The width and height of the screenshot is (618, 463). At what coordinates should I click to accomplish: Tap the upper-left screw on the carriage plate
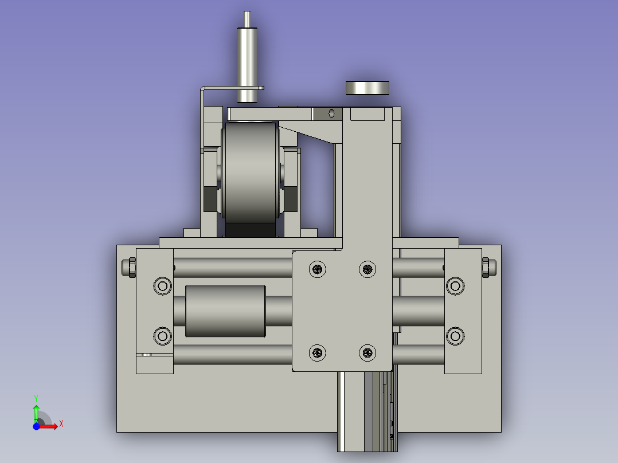point(317,269)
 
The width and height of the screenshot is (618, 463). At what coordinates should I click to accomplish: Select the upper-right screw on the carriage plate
point(367,269)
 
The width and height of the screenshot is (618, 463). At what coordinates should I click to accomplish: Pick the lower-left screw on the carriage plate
point(317,352)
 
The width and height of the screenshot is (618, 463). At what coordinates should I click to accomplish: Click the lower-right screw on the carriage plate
point(367,352)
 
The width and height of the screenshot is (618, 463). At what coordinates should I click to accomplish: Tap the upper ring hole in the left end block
point(162,286)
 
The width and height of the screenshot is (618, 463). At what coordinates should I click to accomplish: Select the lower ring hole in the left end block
point(162,336)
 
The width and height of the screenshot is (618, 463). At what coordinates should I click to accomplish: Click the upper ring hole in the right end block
point(455,286)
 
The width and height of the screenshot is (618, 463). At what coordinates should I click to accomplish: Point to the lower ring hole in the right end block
point(455,336)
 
